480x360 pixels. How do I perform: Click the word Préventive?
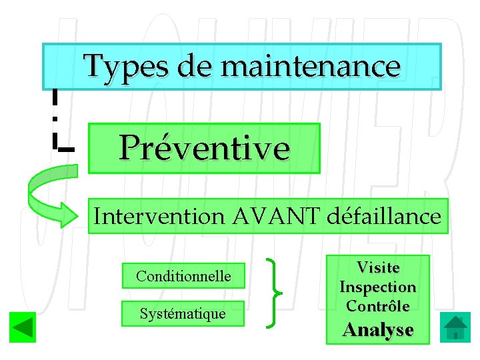coord(204,148)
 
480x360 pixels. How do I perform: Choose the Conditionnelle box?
coord(183,276)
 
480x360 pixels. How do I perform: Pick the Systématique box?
coord(183,313)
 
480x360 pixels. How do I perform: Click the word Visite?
coord(378,267)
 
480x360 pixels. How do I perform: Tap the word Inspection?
coord(378,287)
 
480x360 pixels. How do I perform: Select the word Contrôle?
coord(378,307)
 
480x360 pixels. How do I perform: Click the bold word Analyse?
coord(378,329)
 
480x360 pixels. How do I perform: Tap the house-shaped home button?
coord(455,328)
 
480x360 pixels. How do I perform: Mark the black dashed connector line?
coord(54,120)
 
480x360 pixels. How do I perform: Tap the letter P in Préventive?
coord(131,148)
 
